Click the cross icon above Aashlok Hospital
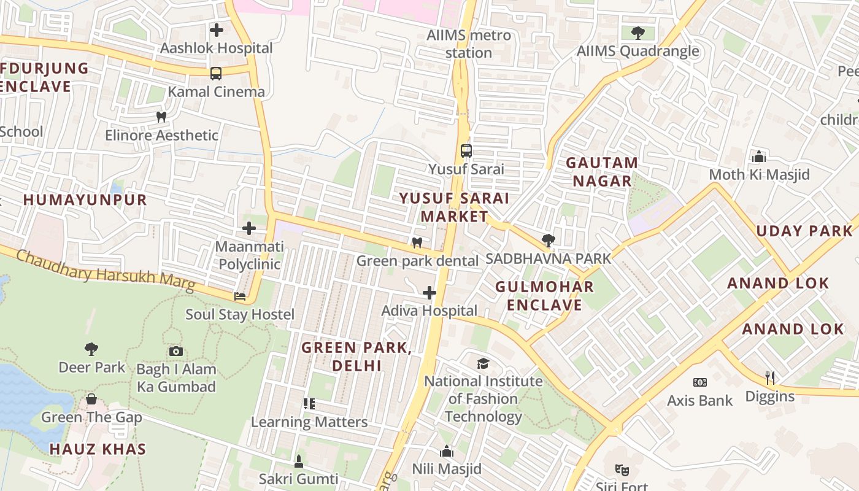(x=216, y=29)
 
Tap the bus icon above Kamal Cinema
(x=216, y=74)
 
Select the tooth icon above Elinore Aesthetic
(x=161, y=117)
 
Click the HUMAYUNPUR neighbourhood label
(x=85, y=199)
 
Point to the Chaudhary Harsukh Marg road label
(x=105, y=270)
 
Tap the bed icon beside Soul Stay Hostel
(x=240, y=296)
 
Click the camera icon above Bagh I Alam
(x=176, y=351)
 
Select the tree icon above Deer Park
(x=91, y=349)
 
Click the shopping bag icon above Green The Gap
(x=91, y=400)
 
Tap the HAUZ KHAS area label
(x=98, y=449)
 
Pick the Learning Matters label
(x=309, y=422)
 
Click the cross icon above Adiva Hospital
(x=429, y=293)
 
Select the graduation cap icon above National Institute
(x=483, y=363)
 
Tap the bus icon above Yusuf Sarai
(x=466, y=151)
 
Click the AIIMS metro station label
(x=469, y=44)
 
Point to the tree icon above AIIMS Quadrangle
(x=638, y=33)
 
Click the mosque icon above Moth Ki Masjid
(x=759, y=157)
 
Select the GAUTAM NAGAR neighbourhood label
(x=601, y=172)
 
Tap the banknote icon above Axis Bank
(x=700, y=382)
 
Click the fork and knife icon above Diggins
(x=770, y=378)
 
